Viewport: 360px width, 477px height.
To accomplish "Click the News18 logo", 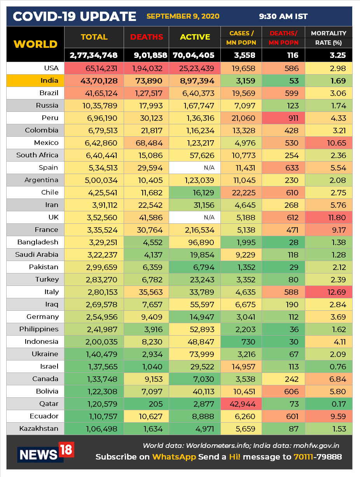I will pos(45,453).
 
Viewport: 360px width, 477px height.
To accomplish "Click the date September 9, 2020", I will pos(183,16).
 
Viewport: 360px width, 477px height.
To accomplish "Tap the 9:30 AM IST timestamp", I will pos(283,16).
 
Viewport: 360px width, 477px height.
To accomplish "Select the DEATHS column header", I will pos(147,37).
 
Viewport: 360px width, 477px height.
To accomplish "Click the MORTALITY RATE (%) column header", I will pos(329,38).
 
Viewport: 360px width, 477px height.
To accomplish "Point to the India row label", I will pos(49,80).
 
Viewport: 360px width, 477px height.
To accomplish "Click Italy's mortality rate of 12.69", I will pos(336,292).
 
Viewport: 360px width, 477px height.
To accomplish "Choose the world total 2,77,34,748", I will pos(94,55).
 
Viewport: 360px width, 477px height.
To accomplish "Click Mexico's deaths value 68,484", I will pos(149,143).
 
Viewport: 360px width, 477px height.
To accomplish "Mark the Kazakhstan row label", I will pos(39,428).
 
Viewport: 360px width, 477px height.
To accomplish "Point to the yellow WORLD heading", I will pos(35,44).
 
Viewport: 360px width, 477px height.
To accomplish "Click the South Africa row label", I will pos(37,155).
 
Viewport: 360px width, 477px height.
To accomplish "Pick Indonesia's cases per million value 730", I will pos(248,341).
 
